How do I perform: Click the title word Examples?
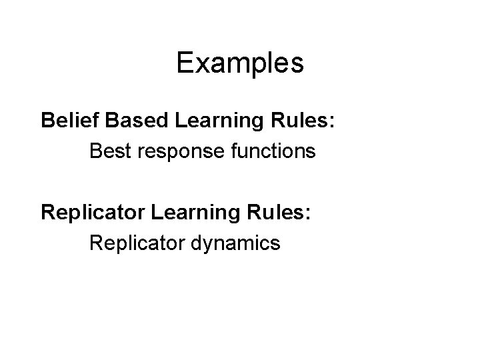pos(240,63)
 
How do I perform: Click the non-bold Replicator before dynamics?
pos(133,244)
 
